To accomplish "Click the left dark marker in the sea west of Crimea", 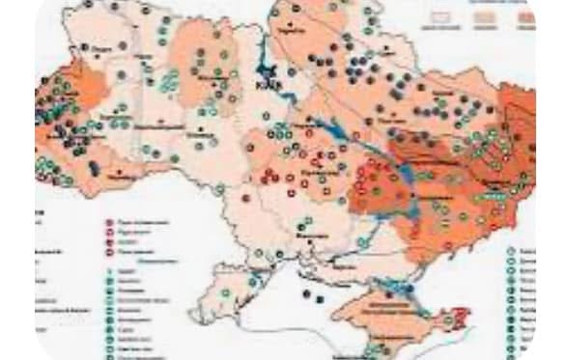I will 306,292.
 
